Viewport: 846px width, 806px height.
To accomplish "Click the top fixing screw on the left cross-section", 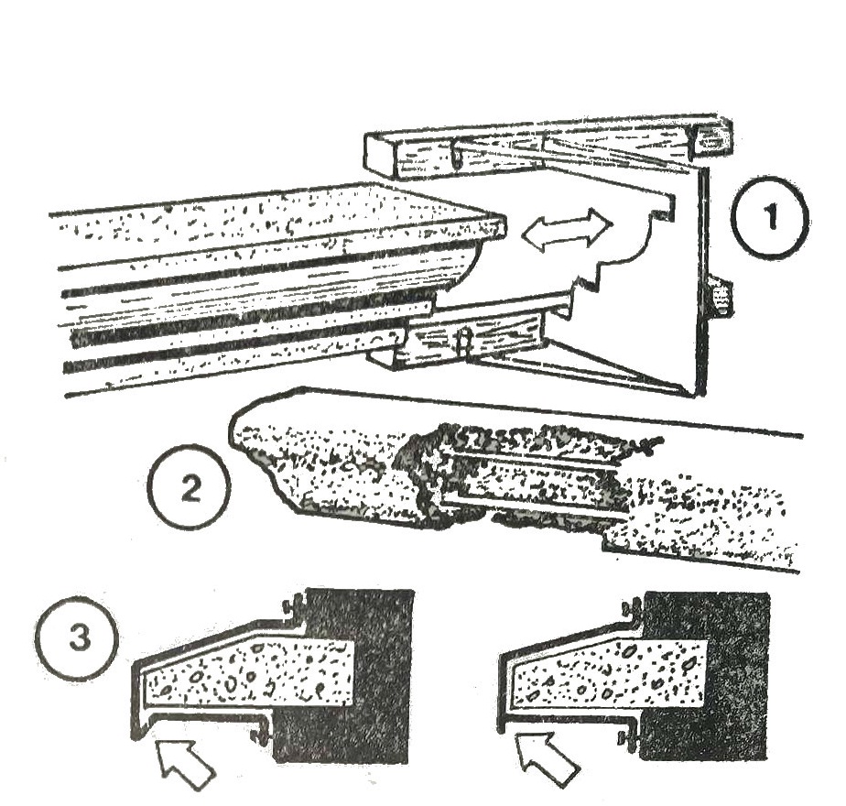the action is tap(293, 607).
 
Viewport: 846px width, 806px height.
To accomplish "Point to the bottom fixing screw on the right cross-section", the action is tap(630, 738).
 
